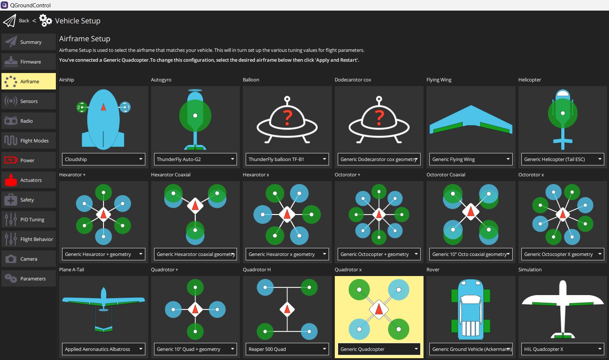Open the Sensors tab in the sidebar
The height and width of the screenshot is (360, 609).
(x=28, y=101)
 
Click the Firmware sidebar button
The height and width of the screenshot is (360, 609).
(x=28, y=62)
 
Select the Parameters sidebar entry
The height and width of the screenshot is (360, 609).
(x=28, y=279)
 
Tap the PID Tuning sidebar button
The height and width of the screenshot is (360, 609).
(x=28, y=219)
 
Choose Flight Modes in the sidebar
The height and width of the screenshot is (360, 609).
(x=28, y=141)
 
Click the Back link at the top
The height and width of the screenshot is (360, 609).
(x=24, y=21)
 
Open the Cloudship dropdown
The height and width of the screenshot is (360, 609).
(x=103, y=159)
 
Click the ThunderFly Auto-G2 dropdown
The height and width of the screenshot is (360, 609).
(x=195, y=159)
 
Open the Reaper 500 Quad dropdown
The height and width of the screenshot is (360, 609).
(x=287, y=349)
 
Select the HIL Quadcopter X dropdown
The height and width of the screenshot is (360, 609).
(x=563, y=349)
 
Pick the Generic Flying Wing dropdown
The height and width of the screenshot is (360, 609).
(x=471, y=159)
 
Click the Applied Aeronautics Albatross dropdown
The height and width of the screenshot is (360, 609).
(x=103, y=349)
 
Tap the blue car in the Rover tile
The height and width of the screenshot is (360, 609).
(x=471, y=309)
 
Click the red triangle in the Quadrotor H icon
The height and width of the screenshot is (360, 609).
(x=287, y=309)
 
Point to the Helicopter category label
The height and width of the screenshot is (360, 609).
(x=529, y=80)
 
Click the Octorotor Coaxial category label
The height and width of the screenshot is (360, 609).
(x=445, y=175)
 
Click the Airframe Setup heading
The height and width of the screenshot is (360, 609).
(x=85, y=39)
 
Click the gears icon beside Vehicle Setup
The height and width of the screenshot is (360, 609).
(x=45, y=21)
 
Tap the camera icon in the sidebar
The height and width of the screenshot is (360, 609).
(x=11, y=259)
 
